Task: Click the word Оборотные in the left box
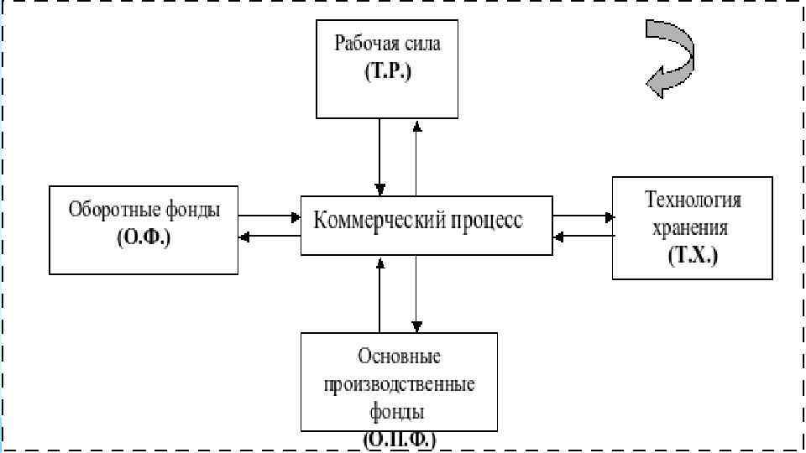click(x=110, y=211)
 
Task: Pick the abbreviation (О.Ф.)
click(x=144, y=237)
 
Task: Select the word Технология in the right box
click(x=693, y=200)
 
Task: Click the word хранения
click(x=693, y=227)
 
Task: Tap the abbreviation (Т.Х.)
click(x=693, y=255)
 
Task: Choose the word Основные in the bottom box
click(x=399, y=357)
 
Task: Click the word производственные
click(x=399, y=384)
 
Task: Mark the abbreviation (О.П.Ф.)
click(x=399, y=439)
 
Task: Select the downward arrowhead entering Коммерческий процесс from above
click(x=381, y=187)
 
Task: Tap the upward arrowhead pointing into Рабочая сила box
click(x=416, y=124)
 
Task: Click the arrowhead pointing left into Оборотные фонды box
click(x=244, y=237)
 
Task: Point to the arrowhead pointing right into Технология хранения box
click(x=608, y=216)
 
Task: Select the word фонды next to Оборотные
click(x=192, y=211)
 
